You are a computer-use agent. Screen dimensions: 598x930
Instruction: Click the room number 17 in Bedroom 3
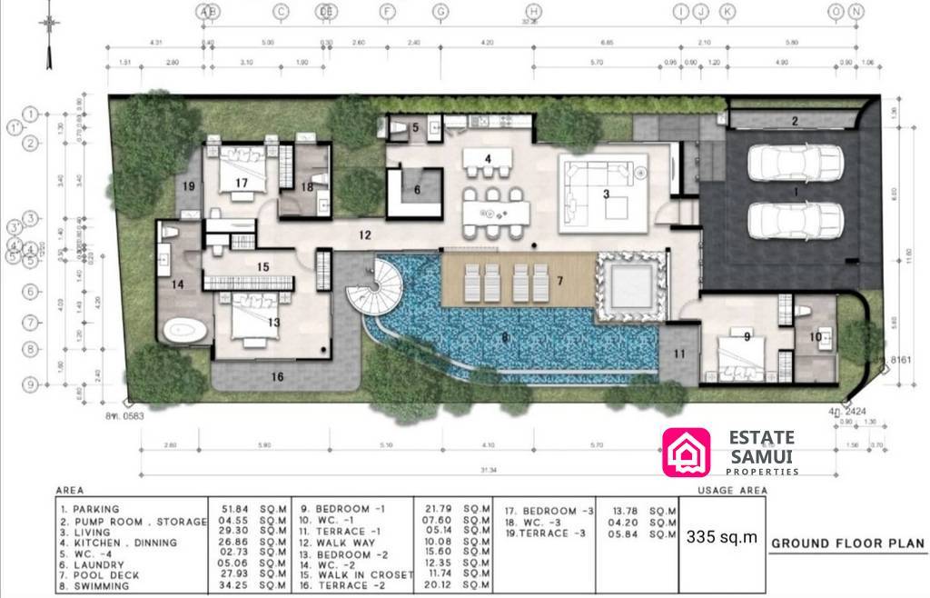coord(241,183)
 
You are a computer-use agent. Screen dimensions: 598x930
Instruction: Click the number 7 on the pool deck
coord(560,281)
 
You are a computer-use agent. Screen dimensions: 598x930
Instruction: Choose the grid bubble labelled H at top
coord(534,11)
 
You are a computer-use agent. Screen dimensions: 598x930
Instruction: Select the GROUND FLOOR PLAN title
coord(847,544)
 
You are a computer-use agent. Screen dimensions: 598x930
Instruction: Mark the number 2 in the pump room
coord(793,121)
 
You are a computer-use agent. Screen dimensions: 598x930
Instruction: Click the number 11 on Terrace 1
coord(678,354)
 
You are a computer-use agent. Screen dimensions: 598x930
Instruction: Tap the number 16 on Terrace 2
coord(277,375)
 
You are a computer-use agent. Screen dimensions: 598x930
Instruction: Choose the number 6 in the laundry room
coord(417,190)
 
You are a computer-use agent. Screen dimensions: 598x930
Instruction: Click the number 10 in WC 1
coord(815,338)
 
